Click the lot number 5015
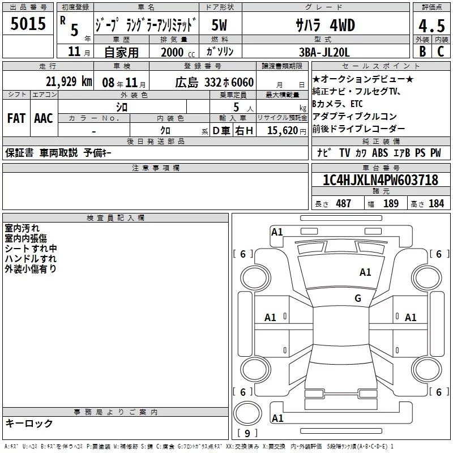coord(28,24)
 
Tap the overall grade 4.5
coord(431,26)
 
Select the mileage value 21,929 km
coord(69,82)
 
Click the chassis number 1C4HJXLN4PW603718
coord(381,180)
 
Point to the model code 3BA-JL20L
coord(324,52)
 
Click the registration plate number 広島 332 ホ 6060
coord(215,83)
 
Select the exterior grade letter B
coord(422,52)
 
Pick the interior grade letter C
coord(441,52)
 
